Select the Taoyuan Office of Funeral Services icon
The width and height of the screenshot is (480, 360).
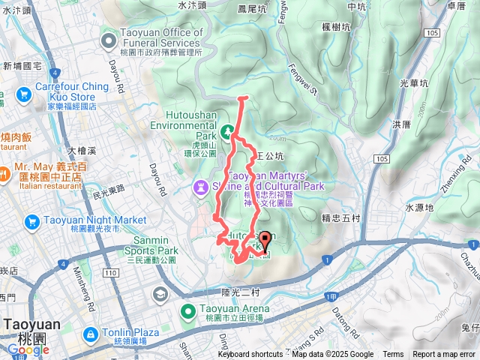point(109,38)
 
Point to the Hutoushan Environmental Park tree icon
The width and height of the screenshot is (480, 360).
point(226,132)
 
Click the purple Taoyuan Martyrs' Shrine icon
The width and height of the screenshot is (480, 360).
point(200,185)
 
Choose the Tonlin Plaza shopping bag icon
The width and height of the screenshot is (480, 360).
point(89,333)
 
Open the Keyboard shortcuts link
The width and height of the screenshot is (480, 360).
point(250,355)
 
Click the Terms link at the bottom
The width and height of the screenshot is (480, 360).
point(393,355)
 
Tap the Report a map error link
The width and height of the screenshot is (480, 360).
point(445,355)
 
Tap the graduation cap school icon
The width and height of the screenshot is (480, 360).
point(159,295)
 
